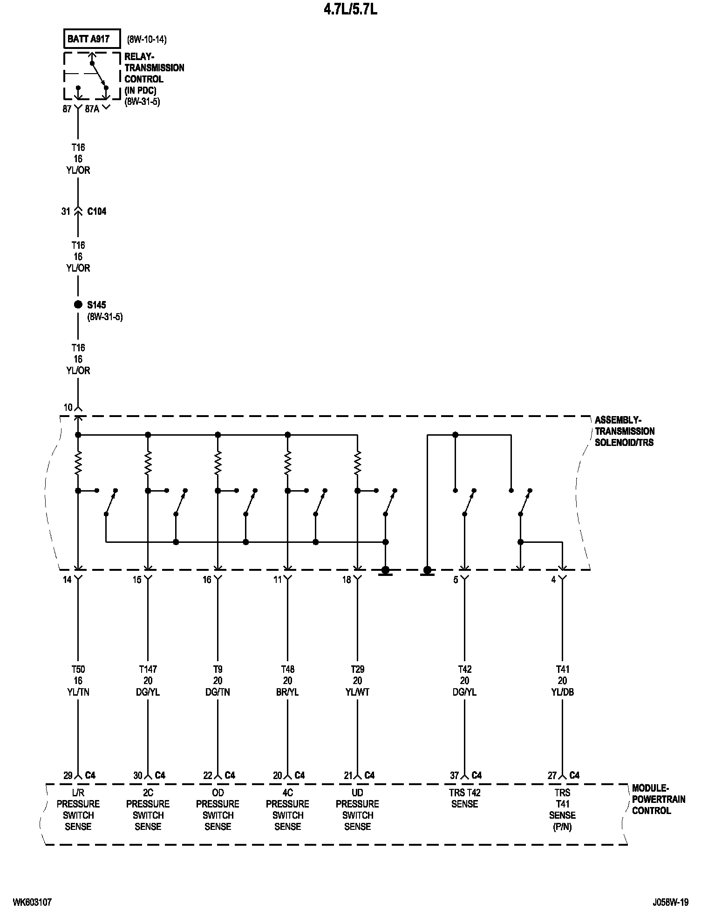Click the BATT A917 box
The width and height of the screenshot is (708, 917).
(92, 39)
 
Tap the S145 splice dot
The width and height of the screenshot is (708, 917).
(78, 305)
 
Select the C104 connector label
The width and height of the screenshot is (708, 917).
(97, 212)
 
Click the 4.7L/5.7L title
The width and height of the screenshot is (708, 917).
(350, 10)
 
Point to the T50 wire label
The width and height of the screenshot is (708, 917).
(78, 669)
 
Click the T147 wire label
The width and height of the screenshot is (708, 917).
(148, 669)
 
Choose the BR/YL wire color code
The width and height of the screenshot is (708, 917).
(288, 692)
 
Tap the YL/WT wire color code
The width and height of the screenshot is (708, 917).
(358, 692)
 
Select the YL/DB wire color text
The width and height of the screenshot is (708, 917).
(563, 692)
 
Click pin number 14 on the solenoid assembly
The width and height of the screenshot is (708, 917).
(68, 580)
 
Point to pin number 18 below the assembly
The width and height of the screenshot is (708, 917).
(347, 580)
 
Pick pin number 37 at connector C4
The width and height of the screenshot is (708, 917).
(454, 775)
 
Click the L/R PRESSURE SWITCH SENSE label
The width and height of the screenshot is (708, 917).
(78, 810)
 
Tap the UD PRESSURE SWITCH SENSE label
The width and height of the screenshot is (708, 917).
(358, 810)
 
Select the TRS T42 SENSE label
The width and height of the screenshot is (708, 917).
(465, 798)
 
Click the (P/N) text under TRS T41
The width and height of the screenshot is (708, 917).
(563, 827)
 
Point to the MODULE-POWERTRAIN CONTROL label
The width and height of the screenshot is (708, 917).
(658, 799)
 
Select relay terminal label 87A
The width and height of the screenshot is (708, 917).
(93, 109)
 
